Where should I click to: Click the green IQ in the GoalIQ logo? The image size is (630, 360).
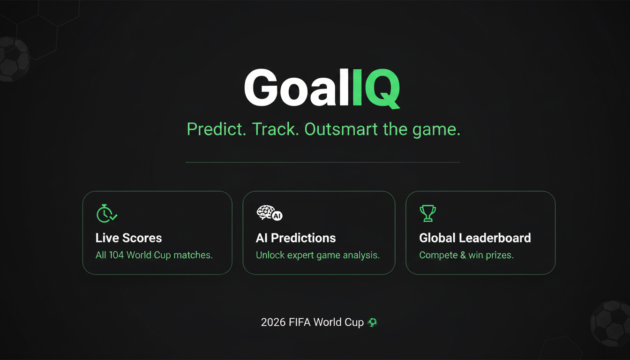tap(376, 88)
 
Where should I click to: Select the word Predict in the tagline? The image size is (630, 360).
tap(216, 130)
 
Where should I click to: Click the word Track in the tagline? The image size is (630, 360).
tap(275, 129)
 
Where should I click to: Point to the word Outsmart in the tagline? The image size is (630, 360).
tap(341, 129)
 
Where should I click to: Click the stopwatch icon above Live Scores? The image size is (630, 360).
tap(106, 214)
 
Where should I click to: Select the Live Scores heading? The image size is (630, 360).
tap(129, 238)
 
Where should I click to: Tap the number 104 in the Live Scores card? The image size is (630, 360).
tap(116, 255)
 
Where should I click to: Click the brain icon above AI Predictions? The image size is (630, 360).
tap(265, 212)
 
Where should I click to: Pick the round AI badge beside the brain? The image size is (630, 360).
tap(277, 216)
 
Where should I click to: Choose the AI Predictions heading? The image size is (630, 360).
tap(296, 238)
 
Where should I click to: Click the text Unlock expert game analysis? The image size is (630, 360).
tap(318, 255)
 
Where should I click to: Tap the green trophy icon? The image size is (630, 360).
tap(428, 213)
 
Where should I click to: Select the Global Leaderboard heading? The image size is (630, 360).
tap(475, 238)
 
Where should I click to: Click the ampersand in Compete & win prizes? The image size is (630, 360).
tap(463, 255)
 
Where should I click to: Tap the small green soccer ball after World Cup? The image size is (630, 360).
tap(372, 322)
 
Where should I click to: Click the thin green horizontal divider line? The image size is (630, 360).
tap(323, 162)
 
